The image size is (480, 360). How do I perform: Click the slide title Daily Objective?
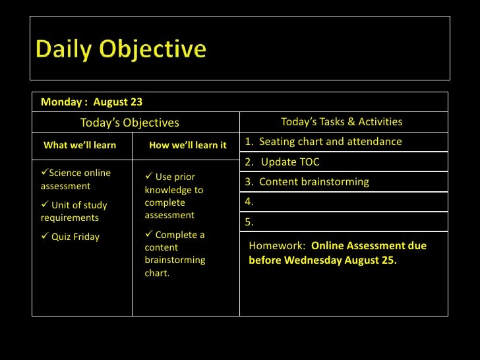point(121,49)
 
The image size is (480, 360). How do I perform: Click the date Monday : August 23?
point(92,102)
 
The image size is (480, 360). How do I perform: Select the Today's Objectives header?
point(129,123)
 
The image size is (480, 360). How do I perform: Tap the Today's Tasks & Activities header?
point(342,122)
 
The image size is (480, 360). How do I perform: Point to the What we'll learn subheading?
point(80,145)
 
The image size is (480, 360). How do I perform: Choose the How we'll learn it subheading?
point(187,145)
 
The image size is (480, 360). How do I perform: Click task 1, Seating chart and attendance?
point(323,142)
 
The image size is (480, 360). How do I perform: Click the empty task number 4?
point(249,202)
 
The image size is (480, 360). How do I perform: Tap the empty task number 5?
point(249,222)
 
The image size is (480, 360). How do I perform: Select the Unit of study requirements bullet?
point(74,212)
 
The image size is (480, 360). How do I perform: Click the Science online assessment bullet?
point(76,179)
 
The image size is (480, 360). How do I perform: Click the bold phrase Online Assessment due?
point(369,246)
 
